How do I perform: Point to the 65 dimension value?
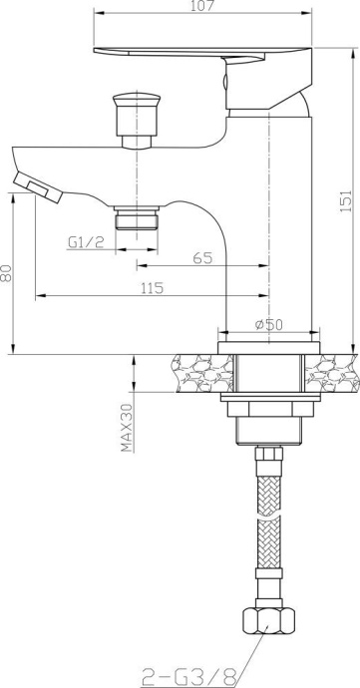click(202, 257)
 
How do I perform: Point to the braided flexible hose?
click(268, 538)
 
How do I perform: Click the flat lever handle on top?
click(199, 54)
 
